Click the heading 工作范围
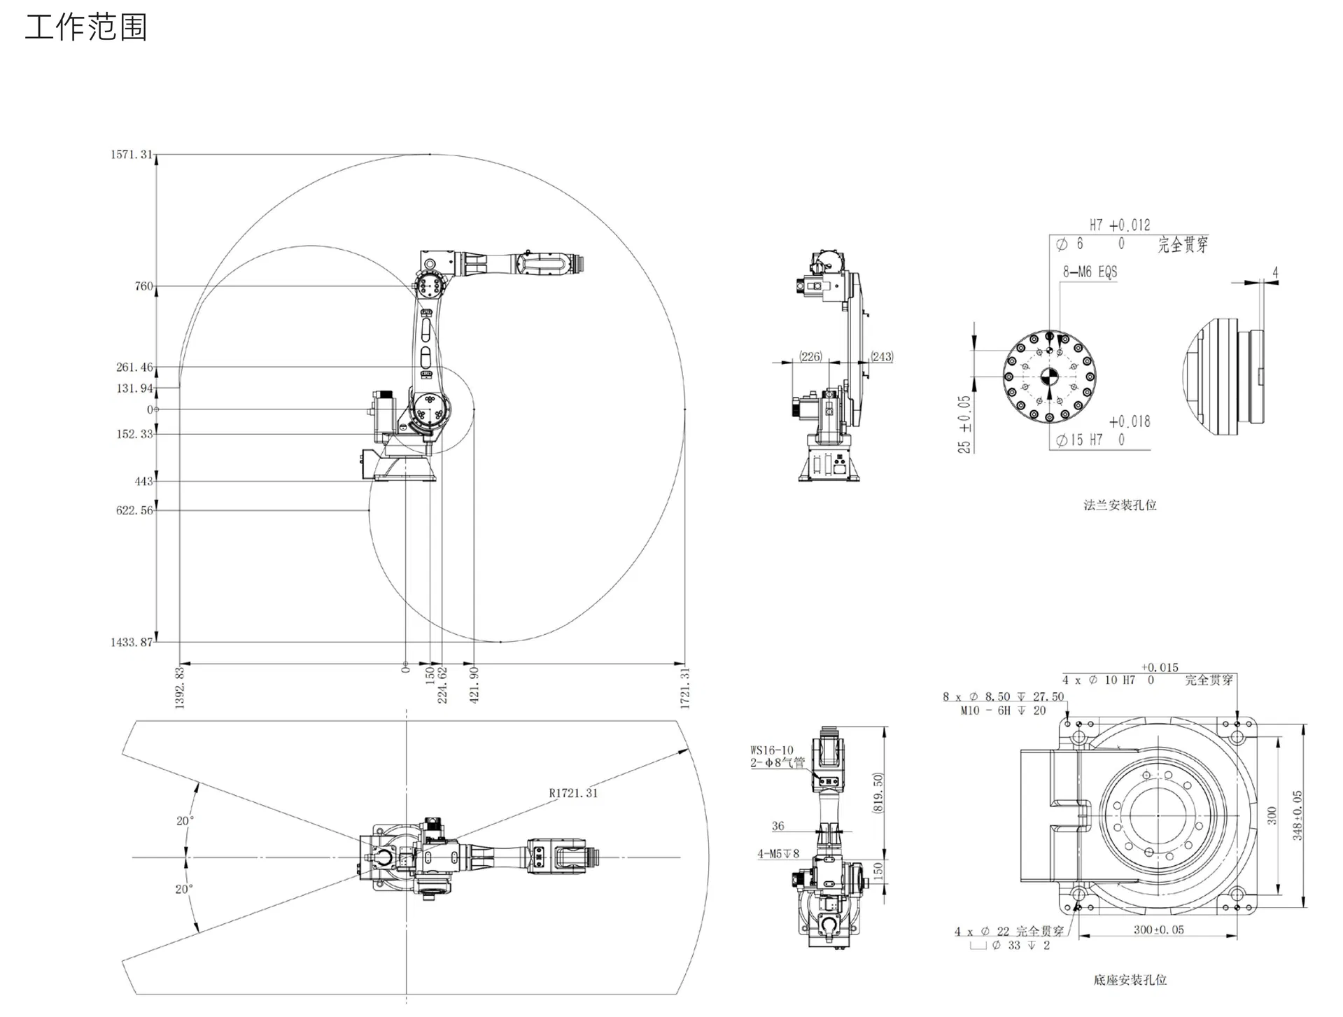pyautogui.click(x=85, y=28)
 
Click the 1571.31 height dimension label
pyautogui.click(x=131, y=155)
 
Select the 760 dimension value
pyautogui.click(x=143, y=286)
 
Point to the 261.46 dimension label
pyautogui.click(x=134, y=367)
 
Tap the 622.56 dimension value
pyautogui.click(x=134, y=511)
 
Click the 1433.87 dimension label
pyautogui.click(x=131, y=643)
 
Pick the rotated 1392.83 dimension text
pyautogui.click(x=180, y=687)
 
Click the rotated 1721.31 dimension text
pyautogui.click(x=685, y=687)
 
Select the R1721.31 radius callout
pyautogui.click(x=573, y=793)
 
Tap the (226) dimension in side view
pyautogui.click(x=810, y=356)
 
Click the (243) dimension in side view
pyautogui.click(x=882, y=356)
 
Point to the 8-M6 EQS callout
pyautogui.click(x=1090, y=272)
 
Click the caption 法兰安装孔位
pyautogui.click(x=1120, y=505)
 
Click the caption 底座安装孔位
pyautogui.click(x=1130, y=980)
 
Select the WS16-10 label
pyautogui.click(x=772, y=750)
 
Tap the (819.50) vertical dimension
pyautogui.click(x=878, y=792)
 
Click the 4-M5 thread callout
pyautogui.click(x=778, y=854)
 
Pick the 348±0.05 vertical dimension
pyautogui.click(x=1297, y=815)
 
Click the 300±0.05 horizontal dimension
pyautogui.click(x=1159, y=930)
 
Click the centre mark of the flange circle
pyautogui.click(x=1049, y=377)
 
